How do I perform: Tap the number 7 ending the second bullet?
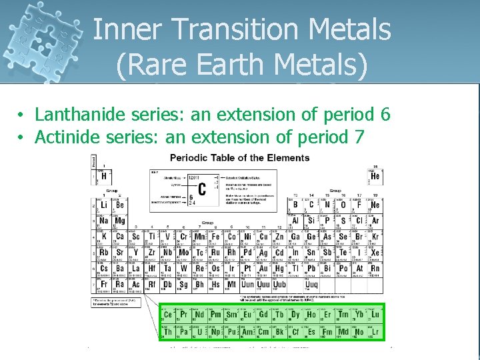tap(359, 137)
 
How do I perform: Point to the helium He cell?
tap(375, 175)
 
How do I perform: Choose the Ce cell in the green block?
tap(168, 315)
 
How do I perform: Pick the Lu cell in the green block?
tap(375, 315)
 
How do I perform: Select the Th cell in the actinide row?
tap(168, 331)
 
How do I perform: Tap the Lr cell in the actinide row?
tap(375, 331)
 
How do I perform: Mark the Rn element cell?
tap(375, 269)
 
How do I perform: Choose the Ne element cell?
tap(375, 205)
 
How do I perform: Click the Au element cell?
tap(263, 269)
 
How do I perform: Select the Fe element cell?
tap(215, 237)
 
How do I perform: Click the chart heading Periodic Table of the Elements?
tap(239, 158)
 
